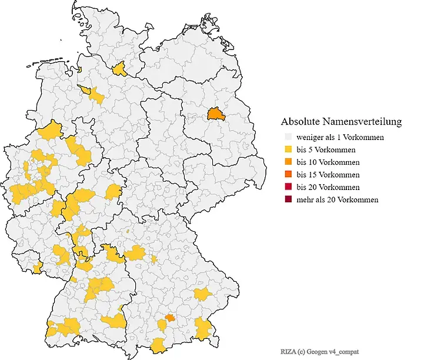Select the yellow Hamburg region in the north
coord(121,69)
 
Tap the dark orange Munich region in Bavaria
coord(170,318)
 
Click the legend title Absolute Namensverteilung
coord(341,122)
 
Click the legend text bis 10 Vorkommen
coord(328,162)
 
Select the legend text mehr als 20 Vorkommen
coord(338,199)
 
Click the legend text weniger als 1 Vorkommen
coord(340,137)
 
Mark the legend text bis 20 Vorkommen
coord(328,187)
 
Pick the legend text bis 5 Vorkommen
coord(326,149)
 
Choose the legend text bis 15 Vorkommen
coord(328,175)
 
